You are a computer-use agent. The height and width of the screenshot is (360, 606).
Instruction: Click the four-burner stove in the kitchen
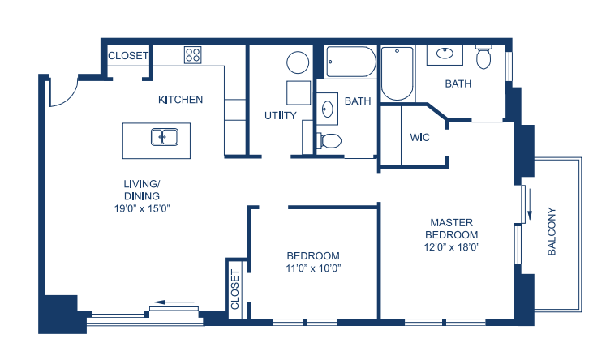tap(192, 55)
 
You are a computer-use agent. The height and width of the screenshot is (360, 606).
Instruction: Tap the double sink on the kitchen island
tap(165, 137)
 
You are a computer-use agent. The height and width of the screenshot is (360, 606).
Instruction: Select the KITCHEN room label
tap(180, 100)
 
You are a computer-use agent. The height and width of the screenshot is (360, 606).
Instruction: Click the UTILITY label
tap(280, 115)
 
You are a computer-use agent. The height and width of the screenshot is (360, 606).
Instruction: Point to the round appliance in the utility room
tap(298, 62)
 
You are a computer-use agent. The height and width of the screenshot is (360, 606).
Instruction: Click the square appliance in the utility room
tap(299, 92)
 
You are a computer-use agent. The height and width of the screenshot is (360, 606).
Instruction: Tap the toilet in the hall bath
tap(329, 140)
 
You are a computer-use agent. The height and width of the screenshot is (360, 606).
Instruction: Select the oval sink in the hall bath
tap(328, 109)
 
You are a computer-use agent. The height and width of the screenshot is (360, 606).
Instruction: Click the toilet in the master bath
tap(484, 57)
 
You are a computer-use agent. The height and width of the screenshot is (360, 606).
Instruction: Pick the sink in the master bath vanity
tap(445, 53)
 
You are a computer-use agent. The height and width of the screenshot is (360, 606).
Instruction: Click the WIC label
tap(419, 137)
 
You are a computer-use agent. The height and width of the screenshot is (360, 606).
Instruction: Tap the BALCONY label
tap(552, 231)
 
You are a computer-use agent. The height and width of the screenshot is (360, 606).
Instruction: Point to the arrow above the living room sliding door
tap(174, 302)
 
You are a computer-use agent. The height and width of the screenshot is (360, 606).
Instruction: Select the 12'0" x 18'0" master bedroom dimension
tap(452, 246)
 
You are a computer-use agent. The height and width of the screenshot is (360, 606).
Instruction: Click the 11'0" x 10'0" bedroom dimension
tap(313, 268)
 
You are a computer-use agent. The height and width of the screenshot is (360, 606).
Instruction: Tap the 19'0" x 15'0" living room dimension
tap(142, 208)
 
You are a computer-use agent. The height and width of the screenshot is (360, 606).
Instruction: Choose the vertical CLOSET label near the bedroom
tap(235, 289)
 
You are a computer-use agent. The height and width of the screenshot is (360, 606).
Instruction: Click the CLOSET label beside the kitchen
tap(128, 56)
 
